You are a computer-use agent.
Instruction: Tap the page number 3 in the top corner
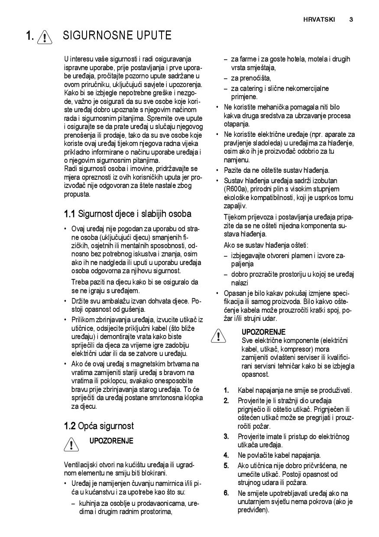[x=351, y=19]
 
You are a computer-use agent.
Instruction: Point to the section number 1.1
[x=69, y=214]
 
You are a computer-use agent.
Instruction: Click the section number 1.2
[x=69, y=426]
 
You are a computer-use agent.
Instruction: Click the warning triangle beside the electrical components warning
[x=219, y=336]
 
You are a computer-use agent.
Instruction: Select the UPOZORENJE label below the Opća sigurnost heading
[x=111, y=441]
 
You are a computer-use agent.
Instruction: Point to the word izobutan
[x=323, y=181]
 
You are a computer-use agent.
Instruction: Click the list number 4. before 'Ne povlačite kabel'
[x=226, y=455]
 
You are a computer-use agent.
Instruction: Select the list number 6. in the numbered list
[x=226, y=493]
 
